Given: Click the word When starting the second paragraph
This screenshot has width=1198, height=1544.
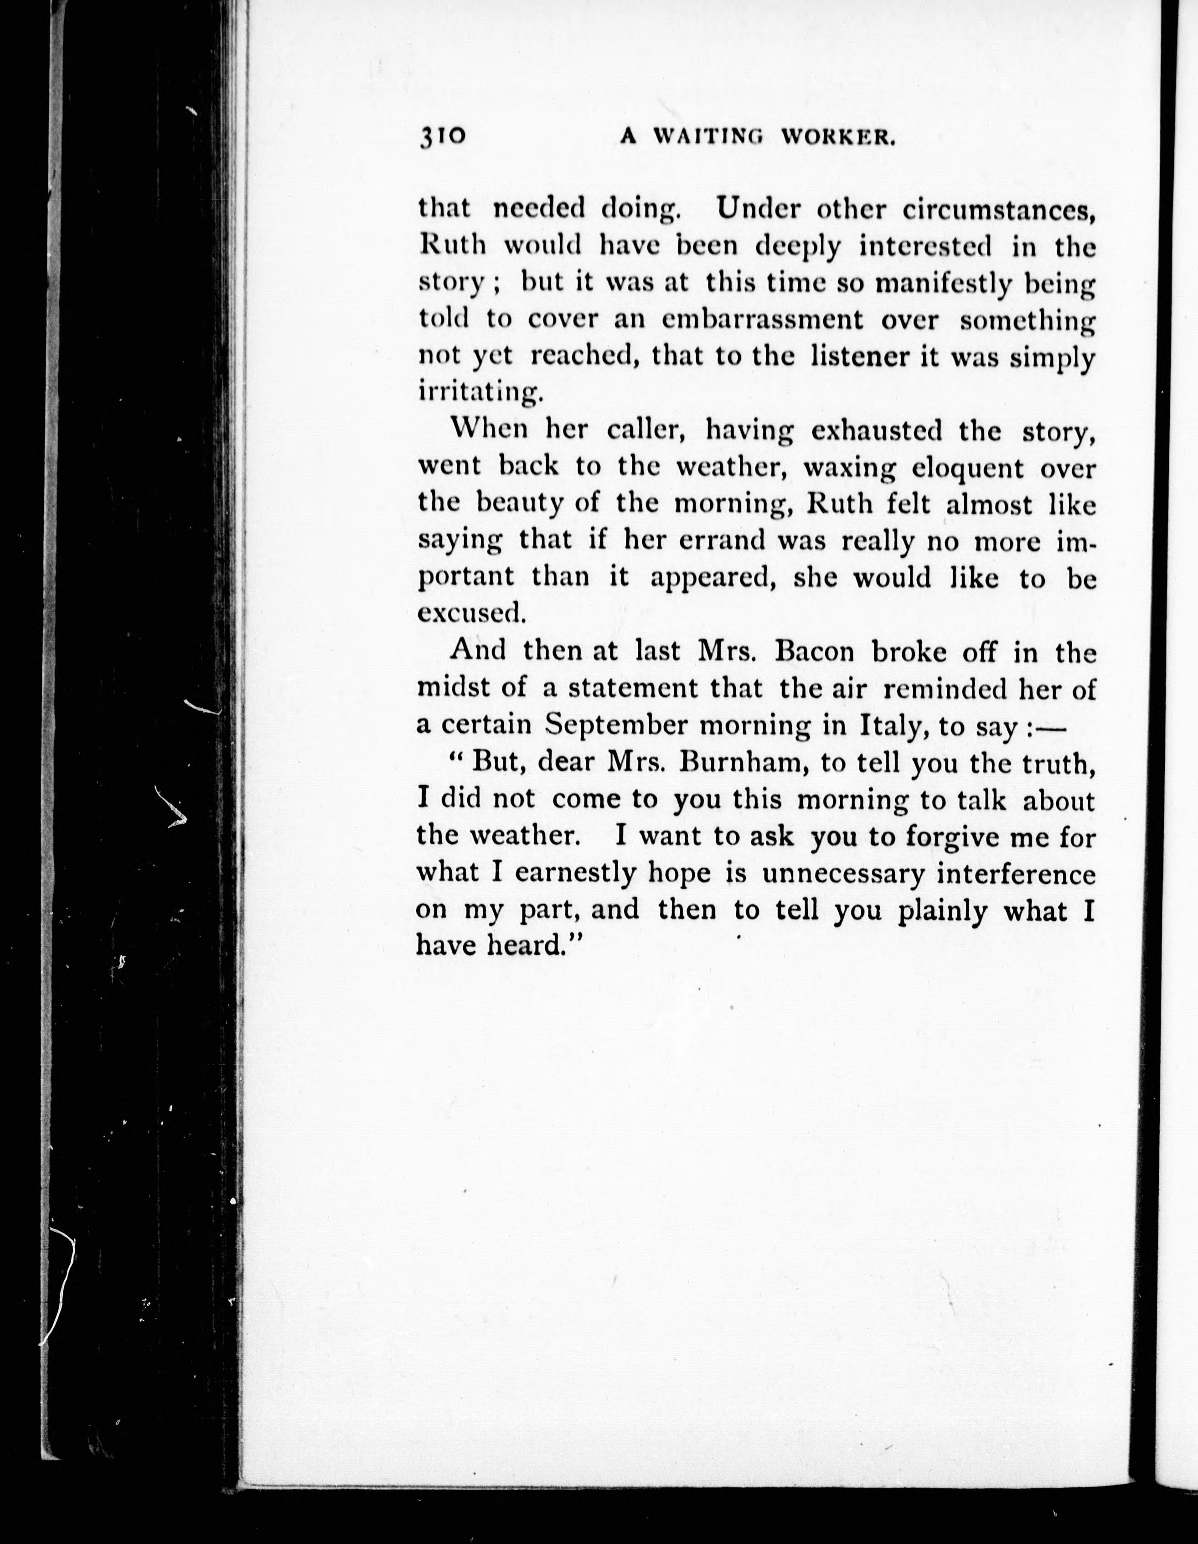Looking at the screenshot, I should point(488,430).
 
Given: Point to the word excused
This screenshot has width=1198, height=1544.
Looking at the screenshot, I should point(471,613).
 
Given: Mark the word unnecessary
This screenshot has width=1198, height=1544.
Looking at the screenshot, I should point(842,875).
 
